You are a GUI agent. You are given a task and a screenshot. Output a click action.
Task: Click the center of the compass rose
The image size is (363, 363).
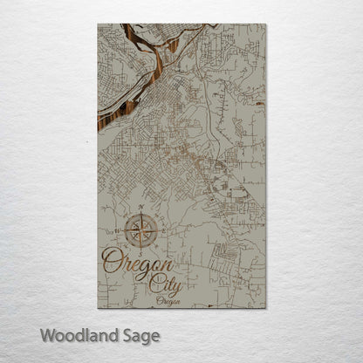coord(139,231)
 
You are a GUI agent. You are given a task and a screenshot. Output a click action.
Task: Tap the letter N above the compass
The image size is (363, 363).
coord(140,207)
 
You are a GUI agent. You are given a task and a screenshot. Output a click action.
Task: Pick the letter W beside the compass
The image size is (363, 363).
coord(113,231)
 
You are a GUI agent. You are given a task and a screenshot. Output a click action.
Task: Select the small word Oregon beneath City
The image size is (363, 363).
coord(168,300)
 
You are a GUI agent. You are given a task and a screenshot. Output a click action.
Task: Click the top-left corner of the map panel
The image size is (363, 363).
coord(98,24)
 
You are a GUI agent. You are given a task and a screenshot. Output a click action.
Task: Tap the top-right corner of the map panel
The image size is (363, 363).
coord(266,24)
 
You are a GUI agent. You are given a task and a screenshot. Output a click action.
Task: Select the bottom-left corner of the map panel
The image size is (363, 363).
coord(98,307)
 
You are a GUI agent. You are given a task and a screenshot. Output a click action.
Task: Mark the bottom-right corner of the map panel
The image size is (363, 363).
coord(266,307)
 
